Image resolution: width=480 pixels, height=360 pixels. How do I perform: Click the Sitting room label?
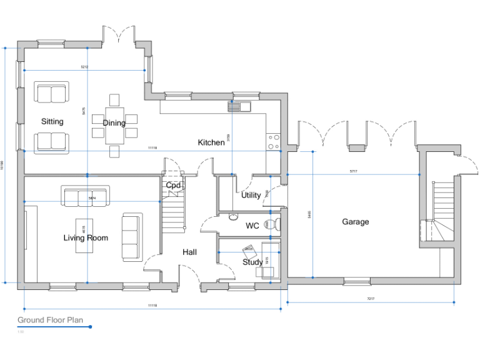[x=52, y=121]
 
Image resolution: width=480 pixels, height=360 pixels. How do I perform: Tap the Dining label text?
[x=114, y=123]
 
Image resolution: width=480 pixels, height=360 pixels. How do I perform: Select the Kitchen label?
[x=211, y=142]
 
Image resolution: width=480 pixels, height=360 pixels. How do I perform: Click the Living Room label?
[x=86, y=237]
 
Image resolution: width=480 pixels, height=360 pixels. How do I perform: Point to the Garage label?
[x=355, y=222]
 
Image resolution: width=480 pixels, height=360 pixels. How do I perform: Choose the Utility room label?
[x=251, y=195]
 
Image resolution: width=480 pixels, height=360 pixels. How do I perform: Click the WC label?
[x=252, y=226]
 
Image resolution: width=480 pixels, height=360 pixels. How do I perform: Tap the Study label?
[x=252, y=262]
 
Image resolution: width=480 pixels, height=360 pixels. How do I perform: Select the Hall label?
[x=189, y=252]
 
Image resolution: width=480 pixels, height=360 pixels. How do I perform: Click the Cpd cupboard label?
[x=173, y=186]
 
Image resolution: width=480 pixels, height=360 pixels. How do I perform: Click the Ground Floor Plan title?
[x=50, y=320]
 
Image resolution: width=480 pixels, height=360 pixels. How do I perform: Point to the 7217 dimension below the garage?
[x=371, y=299]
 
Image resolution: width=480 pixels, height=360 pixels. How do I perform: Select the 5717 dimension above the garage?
[x=354, y=171]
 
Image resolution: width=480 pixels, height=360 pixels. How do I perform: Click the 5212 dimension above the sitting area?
[x=84, y=67]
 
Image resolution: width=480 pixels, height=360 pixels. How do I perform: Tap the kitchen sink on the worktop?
[x=238, y=106]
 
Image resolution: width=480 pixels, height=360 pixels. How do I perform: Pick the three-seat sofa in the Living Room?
[x=86, y=197]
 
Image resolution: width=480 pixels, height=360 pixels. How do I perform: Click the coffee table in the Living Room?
[x=85, y=234]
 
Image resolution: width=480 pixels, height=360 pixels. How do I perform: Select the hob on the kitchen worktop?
[x=273, y=142]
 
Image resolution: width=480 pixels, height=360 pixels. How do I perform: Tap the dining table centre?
[x=114, y=125]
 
